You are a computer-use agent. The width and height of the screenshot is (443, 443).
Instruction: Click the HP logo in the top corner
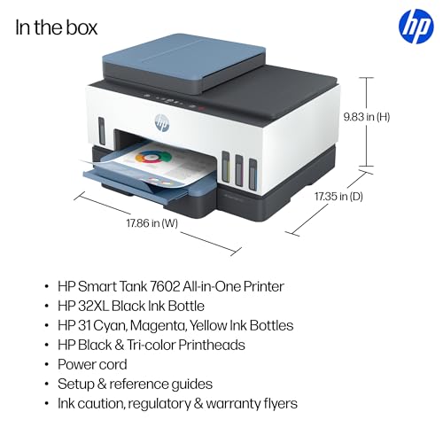(416, 27)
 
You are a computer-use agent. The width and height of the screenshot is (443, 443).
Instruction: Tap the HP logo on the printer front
(162, 123)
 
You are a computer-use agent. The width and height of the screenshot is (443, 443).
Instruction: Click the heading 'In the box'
(56, 27)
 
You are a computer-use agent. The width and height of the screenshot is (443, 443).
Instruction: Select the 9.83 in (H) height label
(367, 117)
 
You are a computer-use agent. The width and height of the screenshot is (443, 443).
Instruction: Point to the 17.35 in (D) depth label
(338, 197)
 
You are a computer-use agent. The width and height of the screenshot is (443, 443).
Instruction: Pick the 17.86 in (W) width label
(152, 223)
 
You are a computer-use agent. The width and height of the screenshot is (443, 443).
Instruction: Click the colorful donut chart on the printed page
(153, 158)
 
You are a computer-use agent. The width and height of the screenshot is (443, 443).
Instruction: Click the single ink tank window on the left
(102, 131)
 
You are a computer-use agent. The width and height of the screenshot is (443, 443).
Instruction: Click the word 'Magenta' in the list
(158, 326)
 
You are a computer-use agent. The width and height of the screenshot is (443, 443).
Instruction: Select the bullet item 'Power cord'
(92, 364)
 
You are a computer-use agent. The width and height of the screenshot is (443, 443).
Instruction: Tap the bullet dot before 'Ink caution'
(46, 404)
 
